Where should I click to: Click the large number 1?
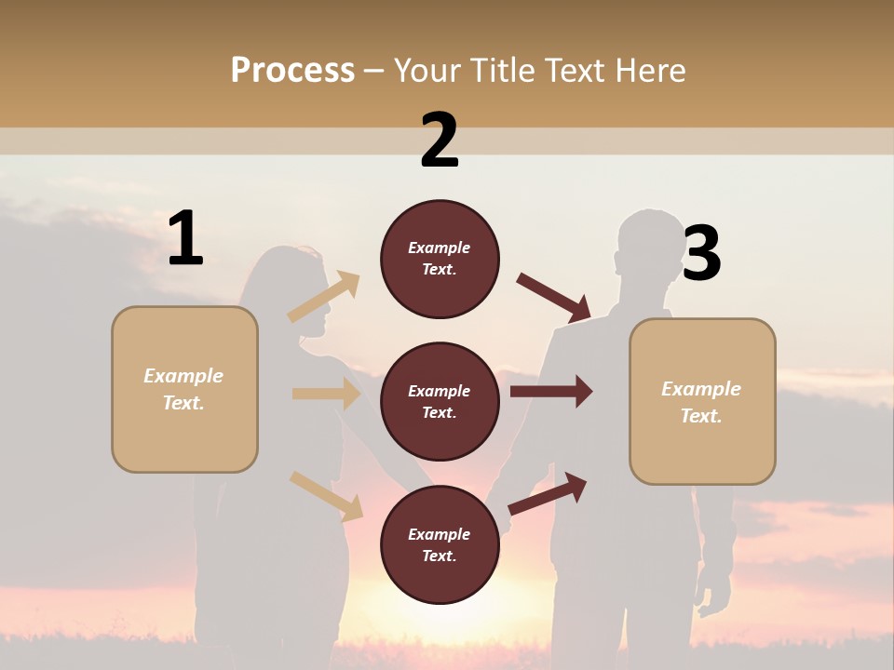185,239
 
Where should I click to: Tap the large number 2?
440,141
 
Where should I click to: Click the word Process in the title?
292,70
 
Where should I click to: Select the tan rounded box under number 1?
184,389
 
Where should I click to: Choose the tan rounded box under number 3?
702,401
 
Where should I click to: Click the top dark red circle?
440,259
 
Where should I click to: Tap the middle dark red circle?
440,401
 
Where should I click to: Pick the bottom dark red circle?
440,544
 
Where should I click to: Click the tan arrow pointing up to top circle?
324,297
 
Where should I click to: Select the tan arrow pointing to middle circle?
326,394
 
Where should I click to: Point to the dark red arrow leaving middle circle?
551,392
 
